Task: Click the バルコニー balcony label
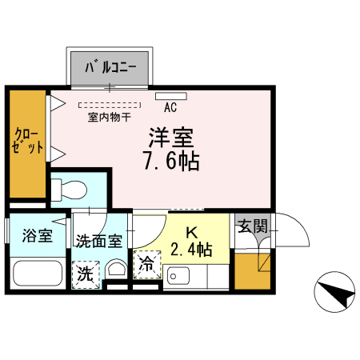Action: coord(109,66)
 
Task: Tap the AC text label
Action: coord(170,106)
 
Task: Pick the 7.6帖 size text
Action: coord(170,160)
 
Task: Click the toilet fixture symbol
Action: coord(70,191)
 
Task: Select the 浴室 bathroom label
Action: coord(37,236)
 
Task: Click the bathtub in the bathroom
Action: coord(37,274)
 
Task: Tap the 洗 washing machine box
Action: coord(85,274)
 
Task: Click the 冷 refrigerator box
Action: coord(148,264)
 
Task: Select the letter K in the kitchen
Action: coord(191,232)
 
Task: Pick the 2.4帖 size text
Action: coord(191,249)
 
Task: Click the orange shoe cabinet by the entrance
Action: coord(253,272)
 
